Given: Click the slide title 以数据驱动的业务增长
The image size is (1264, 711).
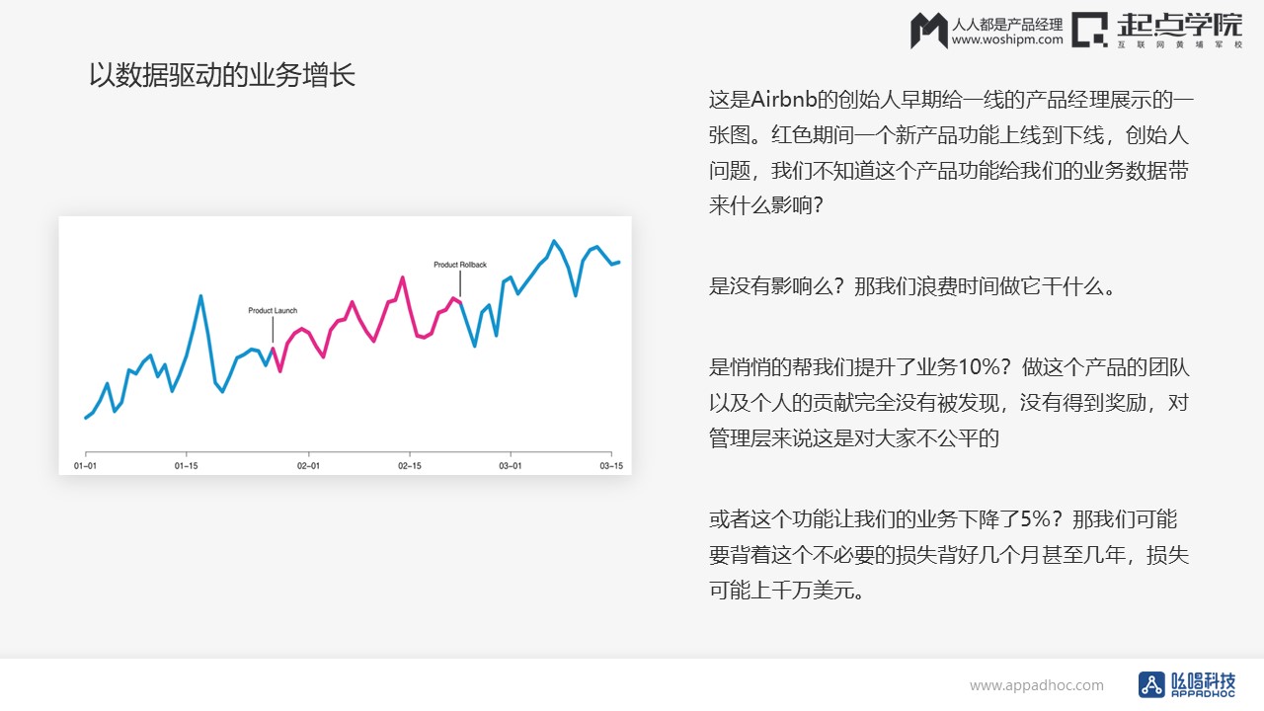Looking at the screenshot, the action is click(222, 75).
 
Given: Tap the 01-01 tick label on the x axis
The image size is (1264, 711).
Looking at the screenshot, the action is click(85, 465).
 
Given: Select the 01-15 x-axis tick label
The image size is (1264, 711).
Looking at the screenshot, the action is click(187, 465).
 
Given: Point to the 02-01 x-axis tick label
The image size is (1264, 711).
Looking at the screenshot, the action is click(309, 465).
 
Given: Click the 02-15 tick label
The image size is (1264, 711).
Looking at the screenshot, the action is click(410, 465).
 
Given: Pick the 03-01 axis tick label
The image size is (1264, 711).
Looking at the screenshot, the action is click(511, 465).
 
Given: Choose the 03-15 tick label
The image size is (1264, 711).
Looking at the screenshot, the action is click(611, 465).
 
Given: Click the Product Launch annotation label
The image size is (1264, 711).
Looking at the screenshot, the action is click(273, 310).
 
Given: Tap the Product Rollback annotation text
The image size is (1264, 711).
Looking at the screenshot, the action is click(460, 265).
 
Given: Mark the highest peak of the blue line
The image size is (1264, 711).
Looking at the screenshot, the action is click(554, 241).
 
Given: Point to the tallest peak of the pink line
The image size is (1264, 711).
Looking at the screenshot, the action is click(402, 277).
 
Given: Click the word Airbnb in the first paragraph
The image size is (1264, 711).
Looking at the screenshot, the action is click(784, 100).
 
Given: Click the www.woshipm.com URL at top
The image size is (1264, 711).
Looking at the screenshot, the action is click(1007, 39).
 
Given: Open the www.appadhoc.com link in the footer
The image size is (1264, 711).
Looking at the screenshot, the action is click(1037, 685).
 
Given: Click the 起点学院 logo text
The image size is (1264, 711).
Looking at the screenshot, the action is click(1179, 26).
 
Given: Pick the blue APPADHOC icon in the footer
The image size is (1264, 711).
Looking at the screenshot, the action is click(1151, 685).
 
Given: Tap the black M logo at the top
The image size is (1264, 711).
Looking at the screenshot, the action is click(929, 31).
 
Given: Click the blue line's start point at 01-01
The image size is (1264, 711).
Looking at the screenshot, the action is click(86, 418).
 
